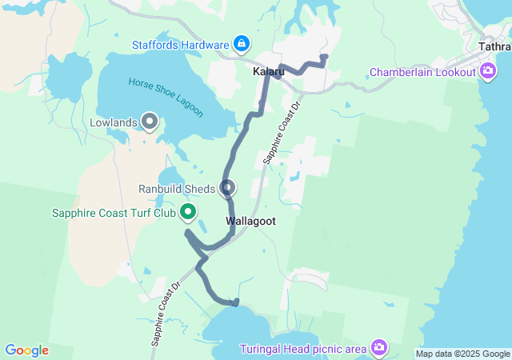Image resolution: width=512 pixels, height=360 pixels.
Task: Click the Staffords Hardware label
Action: coord(181,44)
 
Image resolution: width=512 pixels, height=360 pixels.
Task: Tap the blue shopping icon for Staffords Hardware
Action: coord(241,43)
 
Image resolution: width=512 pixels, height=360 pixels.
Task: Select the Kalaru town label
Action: coord(268,72)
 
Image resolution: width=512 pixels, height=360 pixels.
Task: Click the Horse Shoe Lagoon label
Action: coord(166,95)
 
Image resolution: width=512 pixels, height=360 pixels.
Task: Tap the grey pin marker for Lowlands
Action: coord(150,121)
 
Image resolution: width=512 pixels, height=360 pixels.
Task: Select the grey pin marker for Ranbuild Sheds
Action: coord(228,188)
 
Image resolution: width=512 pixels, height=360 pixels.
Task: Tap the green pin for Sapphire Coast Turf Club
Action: coord(188,212)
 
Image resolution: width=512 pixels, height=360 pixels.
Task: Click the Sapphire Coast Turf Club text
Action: coord(114,213)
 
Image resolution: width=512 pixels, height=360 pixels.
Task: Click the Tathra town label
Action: coord(494,46)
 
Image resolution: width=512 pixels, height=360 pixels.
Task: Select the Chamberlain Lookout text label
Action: coord(422,73)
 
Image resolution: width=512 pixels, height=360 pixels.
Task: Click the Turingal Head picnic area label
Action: coord(303,349)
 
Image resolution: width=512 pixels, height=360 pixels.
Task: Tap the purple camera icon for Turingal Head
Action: coord(378,348)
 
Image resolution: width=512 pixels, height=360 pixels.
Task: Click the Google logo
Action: coord(26,350)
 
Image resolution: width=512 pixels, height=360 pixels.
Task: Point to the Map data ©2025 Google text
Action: coord(462,354)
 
